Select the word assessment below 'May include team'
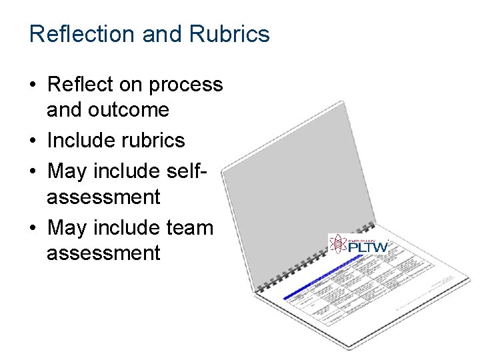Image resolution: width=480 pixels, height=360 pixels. click(103, 253)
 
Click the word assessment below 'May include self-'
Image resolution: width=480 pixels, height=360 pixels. click(103, 197)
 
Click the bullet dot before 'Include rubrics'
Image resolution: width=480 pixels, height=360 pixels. click(33, 141)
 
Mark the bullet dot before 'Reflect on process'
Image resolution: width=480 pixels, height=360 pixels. click(33, 85)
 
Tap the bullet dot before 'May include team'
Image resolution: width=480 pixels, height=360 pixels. click(33, 228)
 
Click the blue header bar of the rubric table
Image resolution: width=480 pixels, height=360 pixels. click(320, 283)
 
